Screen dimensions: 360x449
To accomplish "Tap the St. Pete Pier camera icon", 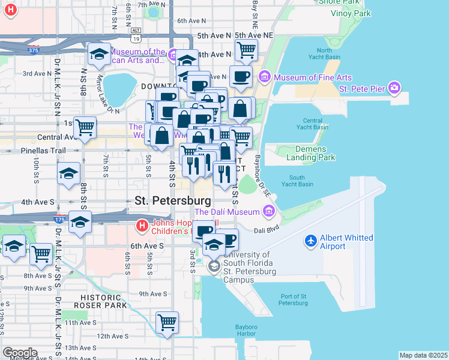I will coord(394,88).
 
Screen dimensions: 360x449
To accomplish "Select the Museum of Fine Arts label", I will coord(313,77).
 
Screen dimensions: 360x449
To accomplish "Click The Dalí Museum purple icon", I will coord(268,211).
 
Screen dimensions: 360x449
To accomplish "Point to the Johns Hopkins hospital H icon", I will coord(142,226).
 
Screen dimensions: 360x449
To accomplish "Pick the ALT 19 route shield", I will coord(136,35).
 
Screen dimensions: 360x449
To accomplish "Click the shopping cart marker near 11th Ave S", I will coord(167,322).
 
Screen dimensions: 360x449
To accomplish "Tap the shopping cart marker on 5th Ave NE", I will coord(246,51).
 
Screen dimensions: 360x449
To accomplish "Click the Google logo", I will coord(19,353).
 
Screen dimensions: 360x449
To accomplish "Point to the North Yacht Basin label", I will coord(324,54).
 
